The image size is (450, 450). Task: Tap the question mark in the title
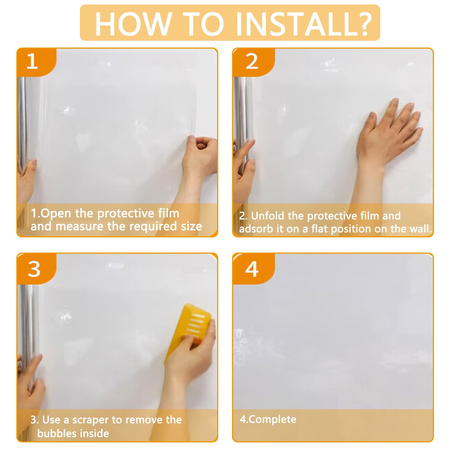point(363,23)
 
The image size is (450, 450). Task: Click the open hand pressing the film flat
point(390,132)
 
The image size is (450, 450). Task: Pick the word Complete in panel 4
point(273,419)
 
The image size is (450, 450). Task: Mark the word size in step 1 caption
point(192,226)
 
